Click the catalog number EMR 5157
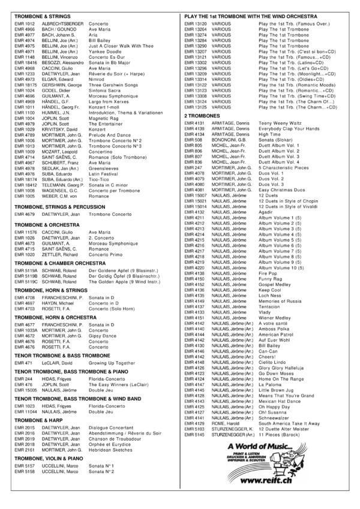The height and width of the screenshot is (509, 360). (25, 481)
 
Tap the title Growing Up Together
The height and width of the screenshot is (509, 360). (112, 363)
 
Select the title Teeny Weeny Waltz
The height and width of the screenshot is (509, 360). (279, 122)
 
